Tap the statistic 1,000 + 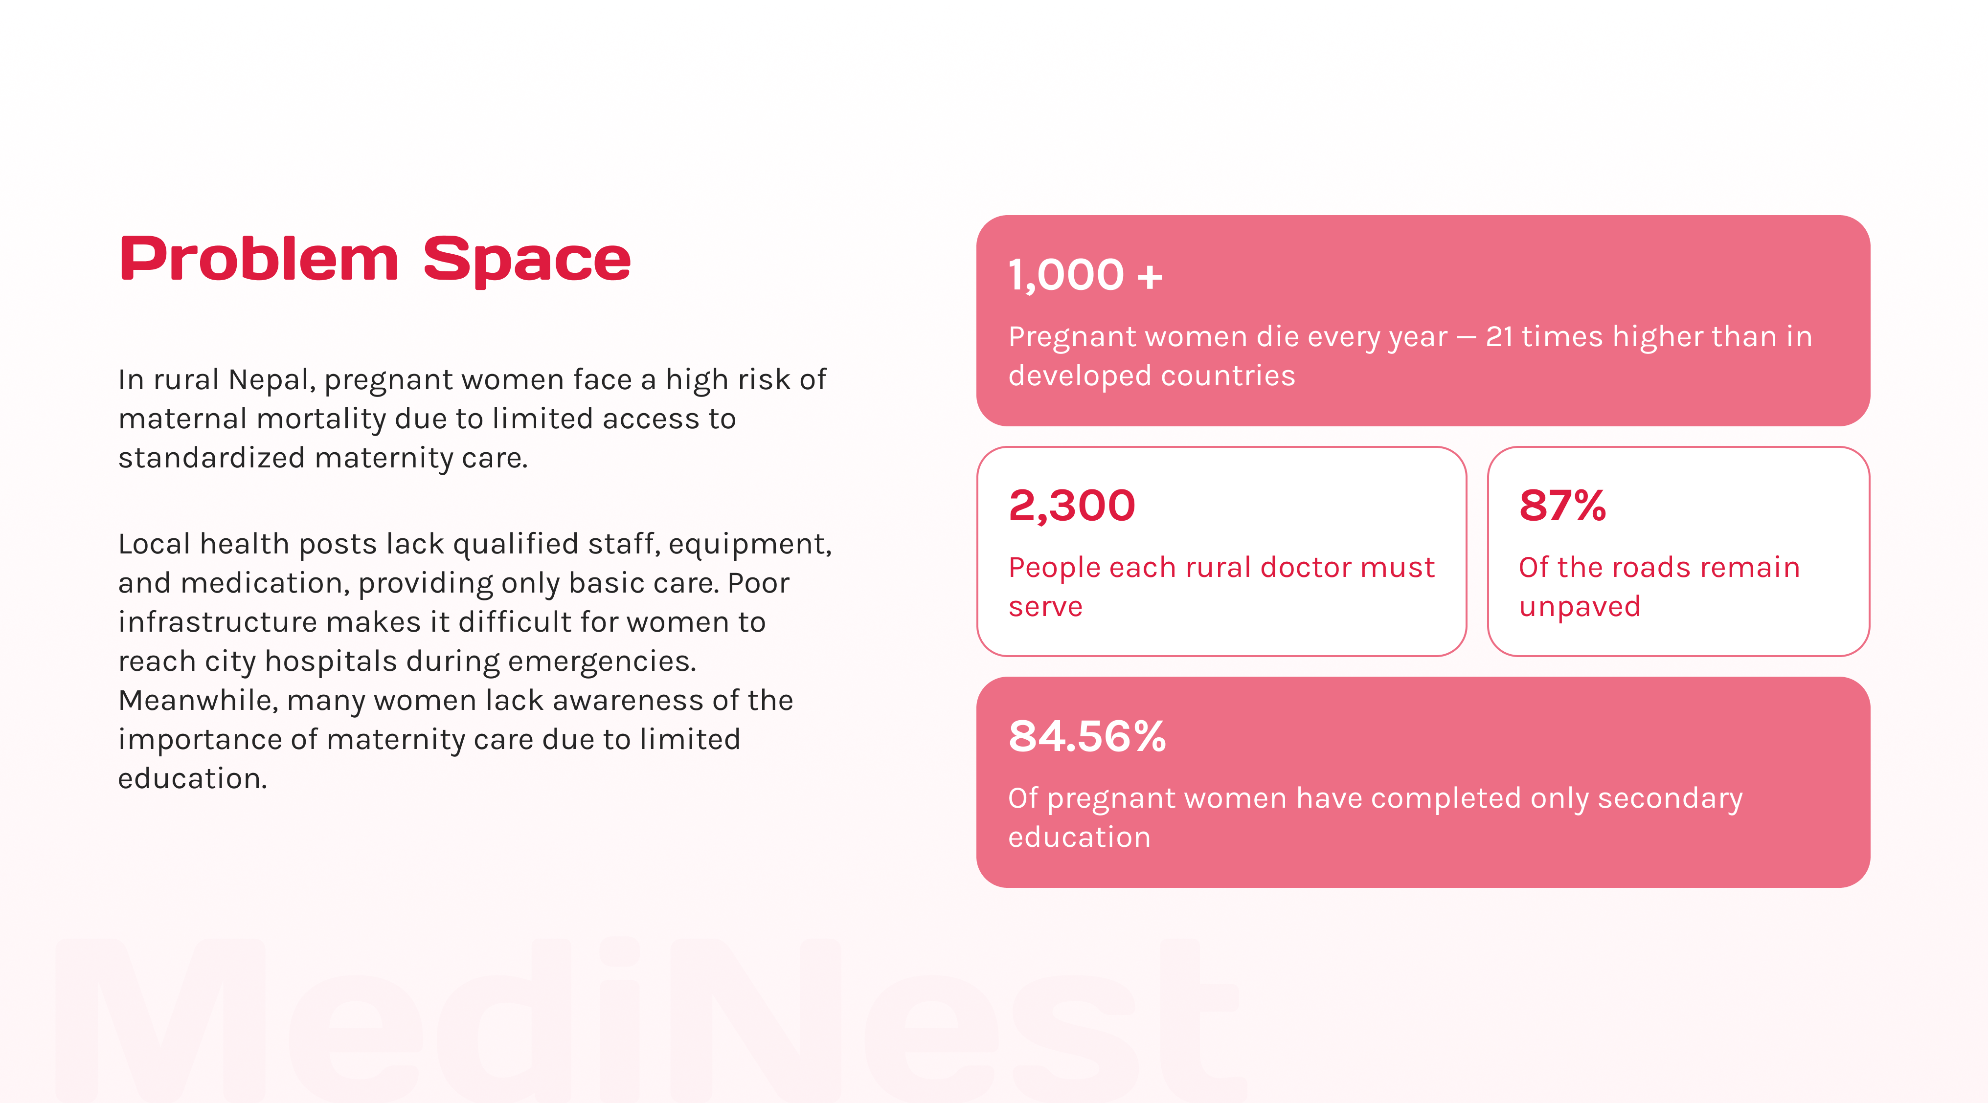pos(1085,275)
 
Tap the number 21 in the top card pos(1499,336)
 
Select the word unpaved pos(1579,607)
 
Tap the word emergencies pos(602,662)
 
